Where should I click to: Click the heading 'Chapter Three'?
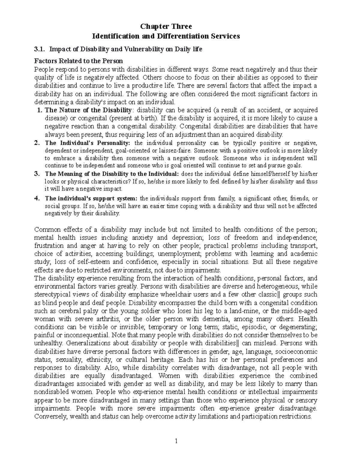[x=166, y=26]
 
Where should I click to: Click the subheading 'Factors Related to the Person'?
[x=79, y=61]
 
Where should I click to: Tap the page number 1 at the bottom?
[x=177, y=441]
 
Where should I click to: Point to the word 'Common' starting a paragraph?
[x=44, y=230]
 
